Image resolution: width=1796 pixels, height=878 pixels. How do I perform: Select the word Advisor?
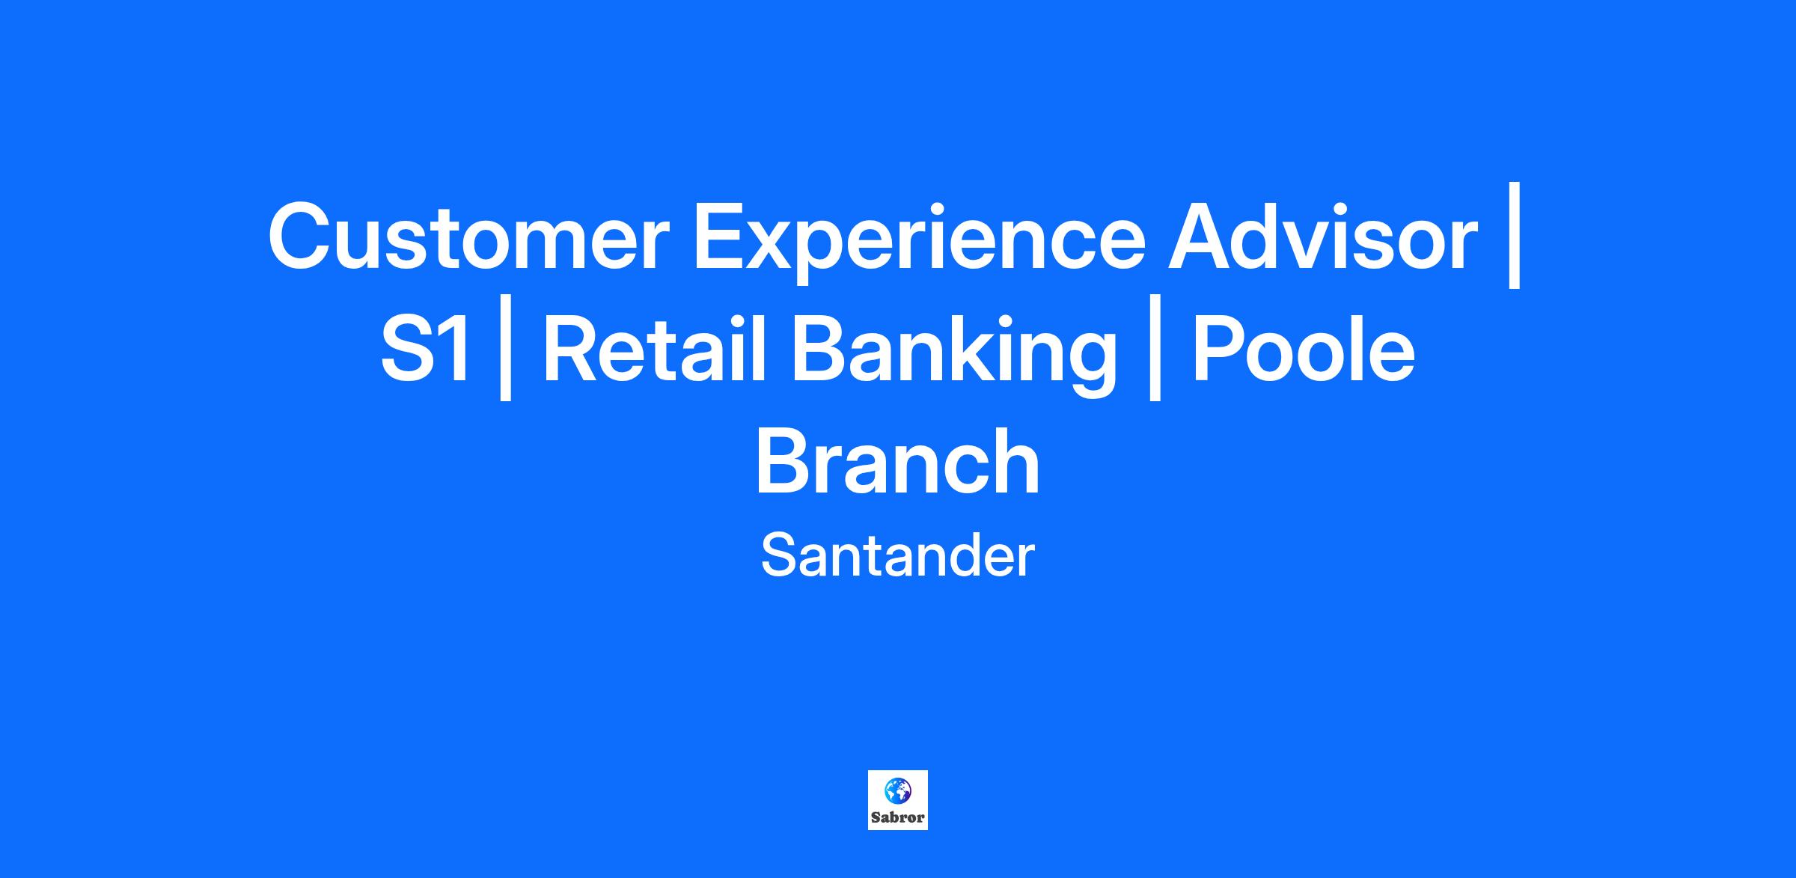click(1323, 236)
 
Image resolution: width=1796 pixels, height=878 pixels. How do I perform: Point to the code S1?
click(427, 349)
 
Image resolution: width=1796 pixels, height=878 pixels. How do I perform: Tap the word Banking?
click(953, 355)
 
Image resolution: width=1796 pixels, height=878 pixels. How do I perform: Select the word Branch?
click(898, 460)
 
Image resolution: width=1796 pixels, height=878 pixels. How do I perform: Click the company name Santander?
click(898, 555)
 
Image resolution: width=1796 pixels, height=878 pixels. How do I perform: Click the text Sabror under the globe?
click(898, 817)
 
